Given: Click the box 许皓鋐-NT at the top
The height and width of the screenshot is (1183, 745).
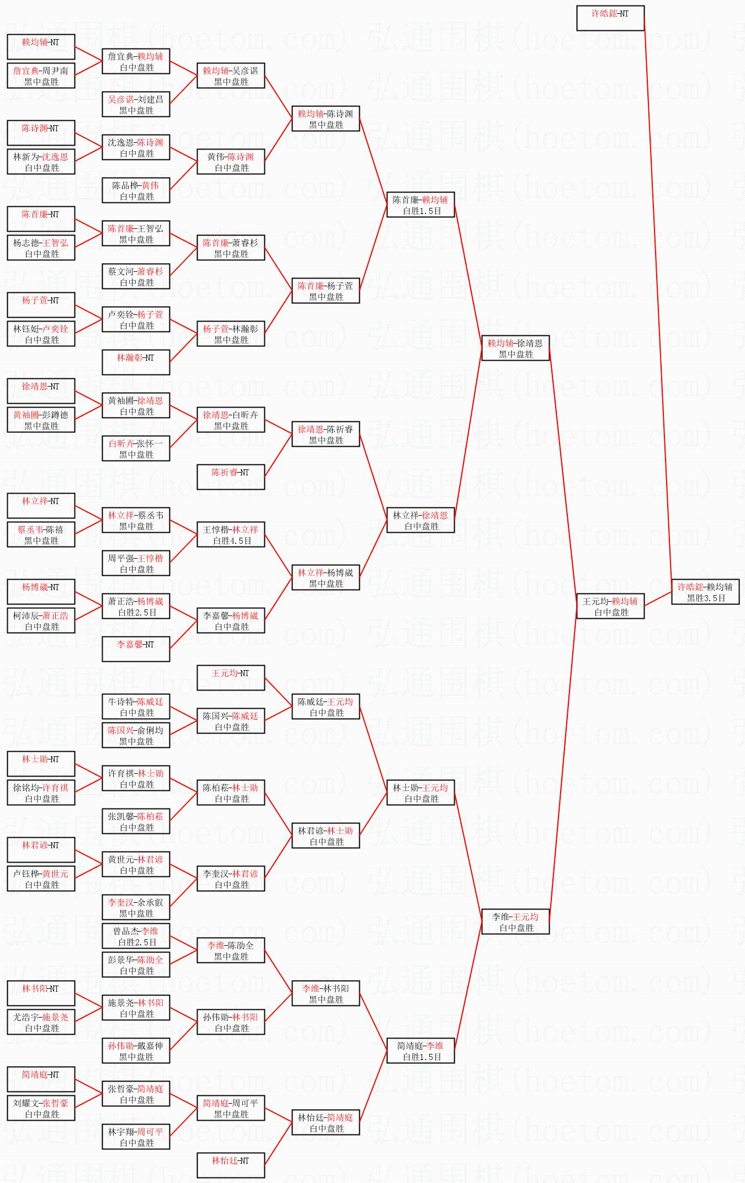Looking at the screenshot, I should click(610, 18).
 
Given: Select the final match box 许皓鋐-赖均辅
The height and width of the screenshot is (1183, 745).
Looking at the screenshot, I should click(705, 592).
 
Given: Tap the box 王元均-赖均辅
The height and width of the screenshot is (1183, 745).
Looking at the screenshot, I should click(610, 606).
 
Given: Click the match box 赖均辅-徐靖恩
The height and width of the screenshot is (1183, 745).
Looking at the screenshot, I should click(515, 348).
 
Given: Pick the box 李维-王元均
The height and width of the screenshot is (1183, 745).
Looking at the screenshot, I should click(515, 922).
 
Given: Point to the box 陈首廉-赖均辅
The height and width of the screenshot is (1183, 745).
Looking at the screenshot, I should click(420, 205).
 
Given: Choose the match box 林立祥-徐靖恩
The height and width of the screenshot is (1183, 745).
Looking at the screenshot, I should click(420, 520).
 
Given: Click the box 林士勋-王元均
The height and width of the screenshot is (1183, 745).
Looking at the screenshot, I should click(420, 793).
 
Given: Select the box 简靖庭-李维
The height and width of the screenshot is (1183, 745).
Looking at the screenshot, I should click(420, 1051).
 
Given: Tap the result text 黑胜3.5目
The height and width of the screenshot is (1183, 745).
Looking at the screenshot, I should click(706, 598).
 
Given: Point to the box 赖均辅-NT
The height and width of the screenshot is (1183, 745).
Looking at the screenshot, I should click(40, 47).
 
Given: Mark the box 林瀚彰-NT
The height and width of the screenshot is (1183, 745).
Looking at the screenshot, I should click(135, 362).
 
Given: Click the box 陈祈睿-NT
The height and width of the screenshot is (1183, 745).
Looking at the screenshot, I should click(230, 477).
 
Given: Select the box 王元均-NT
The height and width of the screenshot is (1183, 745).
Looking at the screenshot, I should click(230, 678).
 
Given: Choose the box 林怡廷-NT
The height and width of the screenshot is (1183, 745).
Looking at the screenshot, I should click(230, 1165).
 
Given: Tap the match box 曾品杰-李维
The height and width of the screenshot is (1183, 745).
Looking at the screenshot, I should click(135, 936).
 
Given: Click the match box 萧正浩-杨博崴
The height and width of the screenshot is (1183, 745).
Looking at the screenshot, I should click(135, 606).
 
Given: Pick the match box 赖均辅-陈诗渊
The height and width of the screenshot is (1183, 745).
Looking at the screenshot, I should click(325, 119).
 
